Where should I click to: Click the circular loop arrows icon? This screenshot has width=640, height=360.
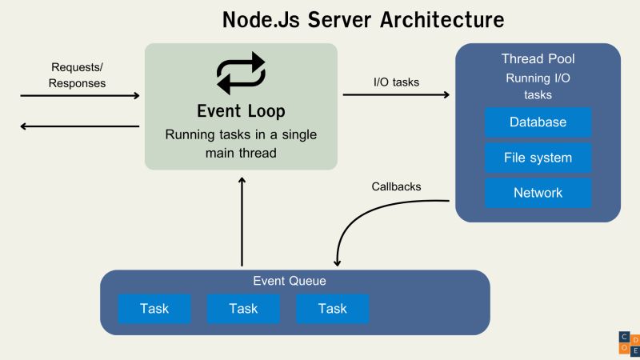(241, 73)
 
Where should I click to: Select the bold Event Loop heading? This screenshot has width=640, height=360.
(241, 110)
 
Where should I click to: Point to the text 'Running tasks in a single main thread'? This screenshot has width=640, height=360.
(241, 143)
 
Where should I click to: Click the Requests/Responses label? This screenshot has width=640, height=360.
(78, 75)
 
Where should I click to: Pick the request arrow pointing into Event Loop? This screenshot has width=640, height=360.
(79, 96)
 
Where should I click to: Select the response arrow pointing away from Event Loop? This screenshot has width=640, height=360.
(79, 126)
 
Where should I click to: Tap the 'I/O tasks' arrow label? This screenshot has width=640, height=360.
(396, 81)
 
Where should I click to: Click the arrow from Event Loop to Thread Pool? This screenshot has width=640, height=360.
(396, 95)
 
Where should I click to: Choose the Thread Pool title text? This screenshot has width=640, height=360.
(538, 59)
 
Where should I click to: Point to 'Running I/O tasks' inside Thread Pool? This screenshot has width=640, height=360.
(538, 86)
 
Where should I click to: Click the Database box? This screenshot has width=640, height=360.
(538, 122)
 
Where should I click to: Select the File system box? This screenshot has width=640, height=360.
(538, 158)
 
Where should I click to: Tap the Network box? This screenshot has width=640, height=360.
(538, 193)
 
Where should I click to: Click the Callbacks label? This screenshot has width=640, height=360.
(396, 186)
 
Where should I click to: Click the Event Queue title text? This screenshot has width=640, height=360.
(290, 282)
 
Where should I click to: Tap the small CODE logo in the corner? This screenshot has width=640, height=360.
(629, 342)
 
